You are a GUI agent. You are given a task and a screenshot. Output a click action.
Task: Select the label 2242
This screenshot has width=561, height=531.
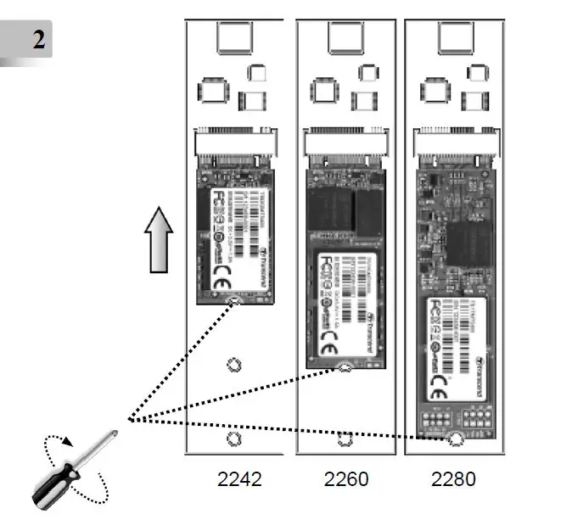click(238, 480)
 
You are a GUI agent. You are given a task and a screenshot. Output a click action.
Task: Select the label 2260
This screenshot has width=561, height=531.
click(346, 480)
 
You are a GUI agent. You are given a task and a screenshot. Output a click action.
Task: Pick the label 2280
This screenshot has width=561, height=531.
click(453, 480)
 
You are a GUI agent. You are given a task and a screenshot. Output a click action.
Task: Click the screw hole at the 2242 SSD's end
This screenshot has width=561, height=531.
click(235, 300)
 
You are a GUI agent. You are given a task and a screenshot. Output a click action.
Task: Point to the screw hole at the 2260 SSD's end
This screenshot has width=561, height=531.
click(345, 367)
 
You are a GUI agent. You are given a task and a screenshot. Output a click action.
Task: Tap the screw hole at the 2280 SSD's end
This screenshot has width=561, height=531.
click(455, 439)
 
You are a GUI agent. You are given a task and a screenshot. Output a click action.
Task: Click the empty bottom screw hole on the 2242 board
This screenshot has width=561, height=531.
click(234, 439)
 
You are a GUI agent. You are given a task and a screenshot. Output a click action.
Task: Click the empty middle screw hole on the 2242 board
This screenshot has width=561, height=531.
click(234, 366)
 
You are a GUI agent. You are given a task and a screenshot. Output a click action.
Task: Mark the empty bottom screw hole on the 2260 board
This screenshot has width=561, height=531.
click(345, 439)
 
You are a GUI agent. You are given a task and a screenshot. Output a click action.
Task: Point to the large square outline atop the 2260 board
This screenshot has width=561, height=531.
click(345, 38)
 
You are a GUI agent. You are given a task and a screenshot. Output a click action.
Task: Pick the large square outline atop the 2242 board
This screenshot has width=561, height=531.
click(234, 38)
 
